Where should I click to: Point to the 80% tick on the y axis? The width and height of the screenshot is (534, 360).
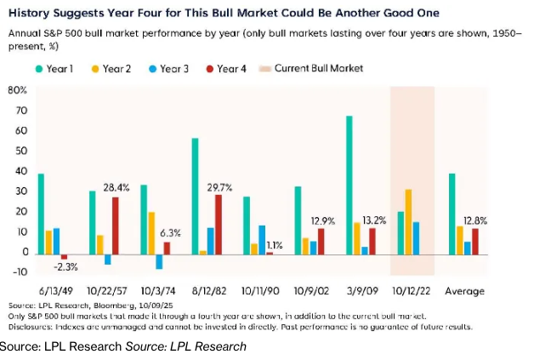pyautogui.click(x=18, y=89)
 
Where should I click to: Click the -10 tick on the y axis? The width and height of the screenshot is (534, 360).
pyautogui.click(x=19, y=273)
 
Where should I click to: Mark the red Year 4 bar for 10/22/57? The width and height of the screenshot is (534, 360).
pyautogui.click(x=116, y=225)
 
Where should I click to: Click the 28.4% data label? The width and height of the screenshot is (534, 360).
pyautogui.click(x=116, y=187)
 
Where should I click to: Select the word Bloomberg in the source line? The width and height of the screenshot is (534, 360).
pyautogui.click(x=108, y=304)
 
